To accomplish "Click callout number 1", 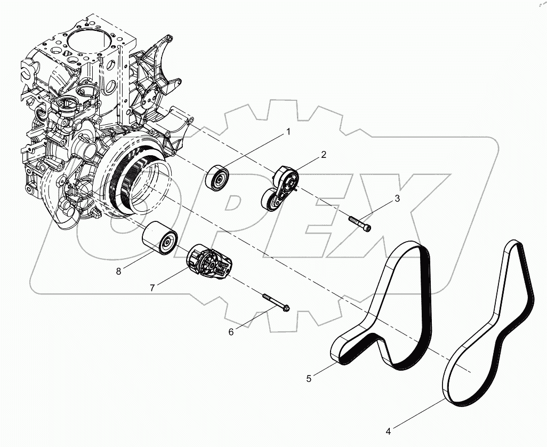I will coord(288,131).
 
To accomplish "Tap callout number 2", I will coord(323,155).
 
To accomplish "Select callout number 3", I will coord(397,199).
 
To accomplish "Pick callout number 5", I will coord(309,378).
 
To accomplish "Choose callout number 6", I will coord(231,331).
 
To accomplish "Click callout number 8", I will coord(118,271).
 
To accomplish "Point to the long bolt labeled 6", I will coord(275,301).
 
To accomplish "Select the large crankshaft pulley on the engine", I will coord(136,181).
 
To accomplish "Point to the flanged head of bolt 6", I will coord(285,308).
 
